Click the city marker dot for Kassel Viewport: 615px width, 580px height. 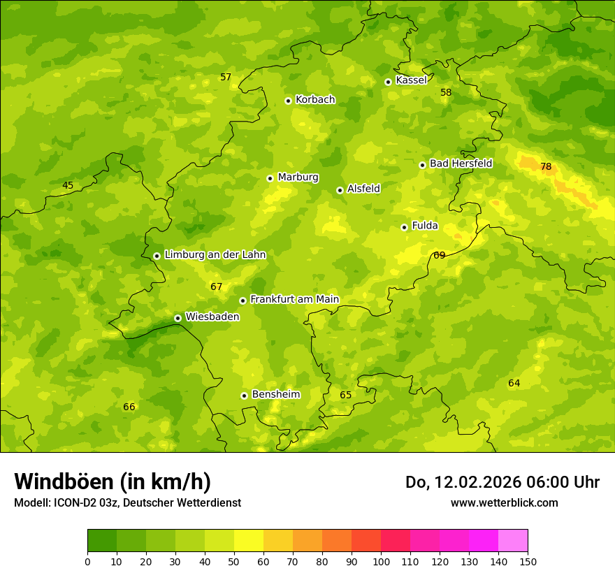pyautogui.click(x=388, y=82)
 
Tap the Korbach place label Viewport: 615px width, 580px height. pyautogui.click(x=315, y=100)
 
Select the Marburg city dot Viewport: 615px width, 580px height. pyautogui.click(x=270, y=178)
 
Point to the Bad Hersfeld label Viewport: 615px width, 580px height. pyautogui.click(x=461, y=164)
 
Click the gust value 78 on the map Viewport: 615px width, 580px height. pyautogui.click(x=546, y=167)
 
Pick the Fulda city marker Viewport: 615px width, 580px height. pyautogui.click(x=404, y=227)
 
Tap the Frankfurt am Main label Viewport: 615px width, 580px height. pyautogui.click(x=294, y=300)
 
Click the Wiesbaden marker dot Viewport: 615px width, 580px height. pyautogui.click(x=178, y=318)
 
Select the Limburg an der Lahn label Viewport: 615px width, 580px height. pyautogui.click(x=215, y=255)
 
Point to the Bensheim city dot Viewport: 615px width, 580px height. pyautogui.click(x=244, y=396)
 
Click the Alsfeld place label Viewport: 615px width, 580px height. pyautogui.click(x=363, y=189)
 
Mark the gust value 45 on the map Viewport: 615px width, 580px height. pyautogui.click(x=68, y=186)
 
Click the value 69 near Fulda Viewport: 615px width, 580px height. pyautogui.click(x=440, y=256)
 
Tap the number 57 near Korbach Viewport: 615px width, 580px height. pyautogui.click(x=226, y=78)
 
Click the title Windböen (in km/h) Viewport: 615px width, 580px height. pyautogui.click(x=113, y=481)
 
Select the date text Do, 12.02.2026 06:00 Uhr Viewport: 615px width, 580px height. pyautogui.click(x=502, y=482)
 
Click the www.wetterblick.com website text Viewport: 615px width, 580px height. pyautogui.click(x=504, y=503)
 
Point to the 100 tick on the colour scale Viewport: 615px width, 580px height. pyautogui.click(x=381, y=562)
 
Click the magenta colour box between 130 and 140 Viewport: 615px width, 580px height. pyautogui.click(x=484, y=541)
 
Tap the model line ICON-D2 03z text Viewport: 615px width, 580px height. pyautogui.click(x=127, y=503)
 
